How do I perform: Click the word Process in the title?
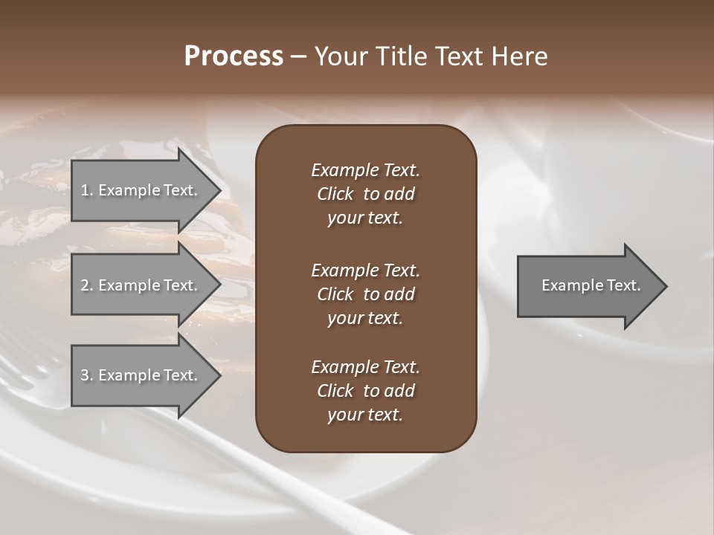pos(234,56)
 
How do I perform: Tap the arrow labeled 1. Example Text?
pos(141,190)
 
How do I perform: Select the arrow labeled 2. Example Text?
pos(141,285)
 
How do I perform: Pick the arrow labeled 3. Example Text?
pos(141,375)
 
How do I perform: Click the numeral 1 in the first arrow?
pos(85,190)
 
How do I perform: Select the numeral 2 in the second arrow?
pos(85,285)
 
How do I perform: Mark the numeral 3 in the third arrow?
pos(85,375)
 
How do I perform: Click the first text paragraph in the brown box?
pos(365,194)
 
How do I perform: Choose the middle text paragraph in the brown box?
pos(365,294)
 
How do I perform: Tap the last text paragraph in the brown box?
pos(365,391)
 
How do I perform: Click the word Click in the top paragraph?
pos(335,194)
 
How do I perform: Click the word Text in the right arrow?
pos(623,285)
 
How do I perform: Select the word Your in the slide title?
pos(341,56)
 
